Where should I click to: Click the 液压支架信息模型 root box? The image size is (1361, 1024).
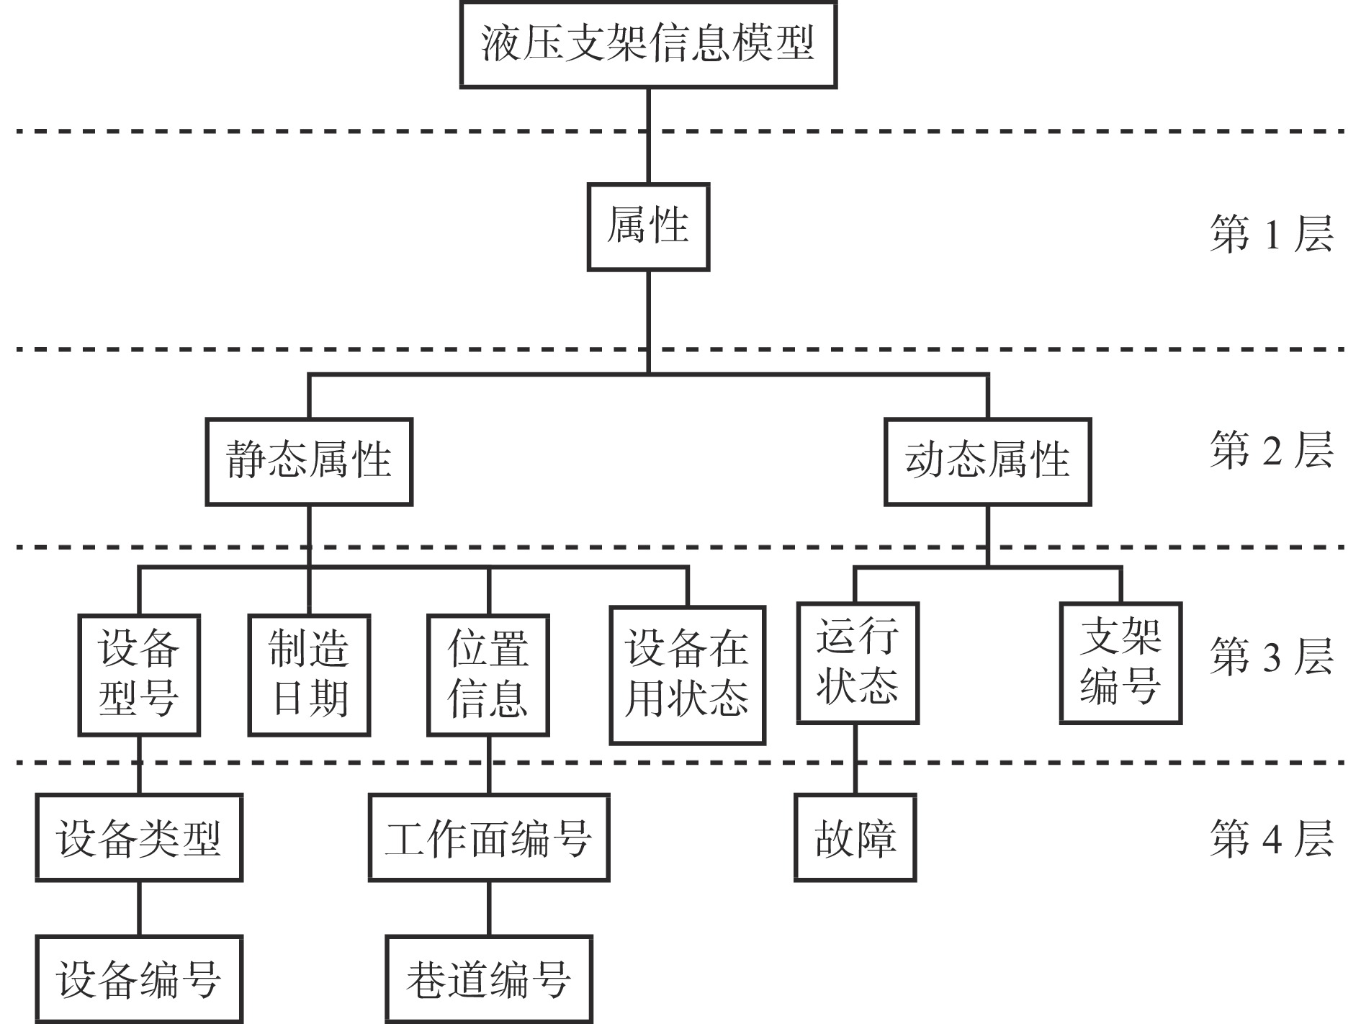click(648, 45)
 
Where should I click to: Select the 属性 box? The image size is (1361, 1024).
click(648, 227)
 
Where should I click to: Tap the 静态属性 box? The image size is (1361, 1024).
click(309, 461)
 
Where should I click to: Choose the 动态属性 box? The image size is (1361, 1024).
click(987, 461)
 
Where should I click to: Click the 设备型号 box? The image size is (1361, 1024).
click(139, 675)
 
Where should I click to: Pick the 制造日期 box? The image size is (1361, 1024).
click(309, 675)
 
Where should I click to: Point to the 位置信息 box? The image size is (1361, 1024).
click(488, 675)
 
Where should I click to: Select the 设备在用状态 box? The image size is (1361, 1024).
click(687, 675)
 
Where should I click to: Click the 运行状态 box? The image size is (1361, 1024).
click(857, 663)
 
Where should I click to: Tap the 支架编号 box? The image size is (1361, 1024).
click(1120, 663)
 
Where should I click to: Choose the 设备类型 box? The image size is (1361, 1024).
click(139, 837)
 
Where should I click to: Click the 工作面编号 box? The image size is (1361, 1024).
click(489, 837)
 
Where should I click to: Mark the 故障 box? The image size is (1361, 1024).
click(855, 837)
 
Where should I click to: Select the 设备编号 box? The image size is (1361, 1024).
click(139, 979)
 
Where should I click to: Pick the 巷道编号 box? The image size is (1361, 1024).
click(489, 979)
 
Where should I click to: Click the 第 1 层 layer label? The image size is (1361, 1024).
click(1271, 234)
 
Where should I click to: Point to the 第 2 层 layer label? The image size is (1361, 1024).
click(1271, 451)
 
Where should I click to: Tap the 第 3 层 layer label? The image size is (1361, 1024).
click(1271, 656)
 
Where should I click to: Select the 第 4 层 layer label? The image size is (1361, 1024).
click(1271, 839)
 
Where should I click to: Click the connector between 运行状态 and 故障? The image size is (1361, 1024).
click(855, 759)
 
